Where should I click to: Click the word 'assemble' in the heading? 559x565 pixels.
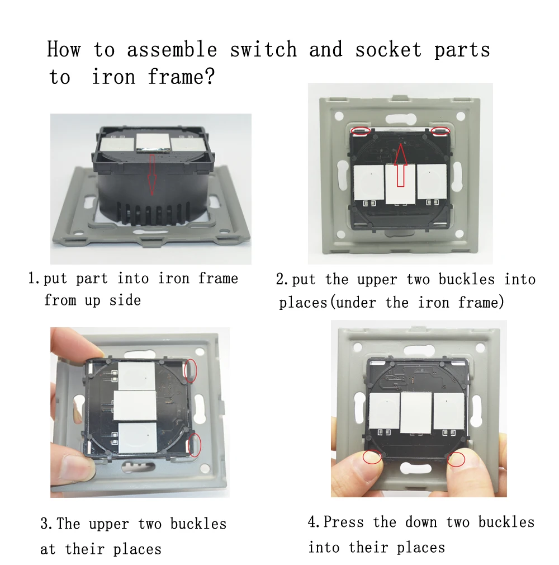[172, 50]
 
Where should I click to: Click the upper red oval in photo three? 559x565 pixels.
[191, 370]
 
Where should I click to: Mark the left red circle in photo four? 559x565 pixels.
[372, 456]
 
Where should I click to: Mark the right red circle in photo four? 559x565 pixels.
[456, 459]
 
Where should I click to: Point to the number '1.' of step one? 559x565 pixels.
[35, 278]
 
